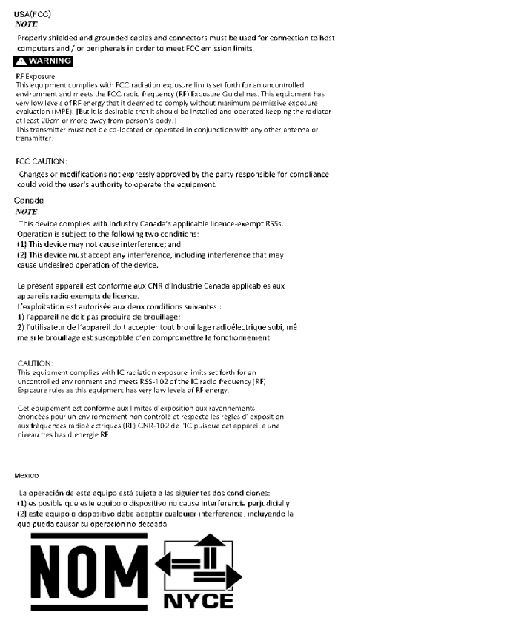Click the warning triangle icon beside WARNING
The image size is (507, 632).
tap(21, 61)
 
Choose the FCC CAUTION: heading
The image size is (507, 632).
tap(42, 161)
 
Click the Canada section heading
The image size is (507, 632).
tap(29, 201)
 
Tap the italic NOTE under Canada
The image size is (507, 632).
tap(26, 212)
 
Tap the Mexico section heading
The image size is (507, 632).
tap(27, 475)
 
